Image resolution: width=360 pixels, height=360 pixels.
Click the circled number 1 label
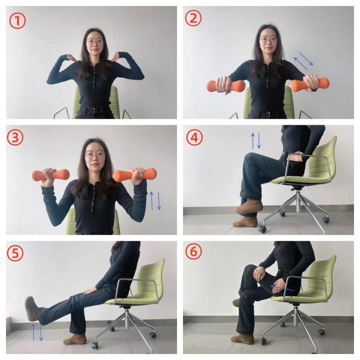[x=17, y=21]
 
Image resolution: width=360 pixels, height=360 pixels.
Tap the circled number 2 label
[x=193, y=18]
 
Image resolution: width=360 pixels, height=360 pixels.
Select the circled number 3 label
[x=15, y=138]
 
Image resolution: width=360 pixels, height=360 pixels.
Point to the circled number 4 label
[x=194, y=138]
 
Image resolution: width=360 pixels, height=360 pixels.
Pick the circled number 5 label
[x=15, y=253]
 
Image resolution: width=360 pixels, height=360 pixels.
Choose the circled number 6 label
[x=194, y=251]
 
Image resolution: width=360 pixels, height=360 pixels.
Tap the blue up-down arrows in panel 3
[x=155, y=201]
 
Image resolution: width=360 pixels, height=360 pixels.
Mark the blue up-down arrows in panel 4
[x=256, y=141]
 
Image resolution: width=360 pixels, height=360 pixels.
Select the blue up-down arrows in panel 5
[x=37, y=332]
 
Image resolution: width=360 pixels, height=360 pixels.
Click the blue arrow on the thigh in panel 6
[x=282, y=288]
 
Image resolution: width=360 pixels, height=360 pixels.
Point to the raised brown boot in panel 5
[x=31, y=309]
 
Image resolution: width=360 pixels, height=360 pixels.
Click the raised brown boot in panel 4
[x=249, y=207]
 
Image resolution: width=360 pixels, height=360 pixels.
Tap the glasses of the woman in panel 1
[x=95, y=42]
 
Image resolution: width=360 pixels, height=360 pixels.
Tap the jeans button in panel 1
[x=94, y=110]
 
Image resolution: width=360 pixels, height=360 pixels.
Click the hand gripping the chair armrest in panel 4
[x=297, y=157]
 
